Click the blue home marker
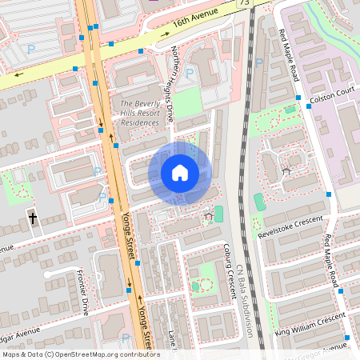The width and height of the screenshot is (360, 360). [x=180, y=173]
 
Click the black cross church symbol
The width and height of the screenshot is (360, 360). [x=33, y=217]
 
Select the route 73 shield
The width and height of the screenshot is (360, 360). [x=243, y=3]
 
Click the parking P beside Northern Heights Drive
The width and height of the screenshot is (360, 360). [x=190, y=73]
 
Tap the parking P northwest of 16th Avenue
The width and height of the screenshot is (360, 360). [x=30, y=48]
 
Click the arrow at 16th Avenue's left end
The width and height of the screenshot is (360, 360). [x=16, y=78]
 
